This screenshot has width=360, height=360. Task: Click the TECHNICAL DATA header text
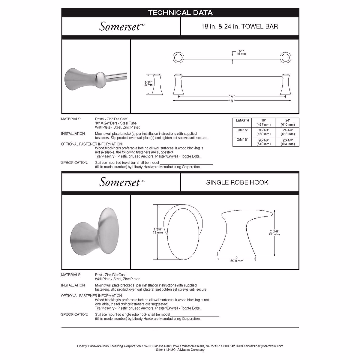tap(180, 13)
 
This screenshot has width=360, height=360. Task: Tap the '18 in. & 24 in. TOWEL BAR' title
tap(239, 26)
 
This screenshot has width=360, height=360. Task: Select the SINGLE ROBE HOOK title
tap(237, 182)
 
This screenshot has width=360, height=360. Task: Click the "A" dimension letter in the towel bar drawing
tap(231, 97)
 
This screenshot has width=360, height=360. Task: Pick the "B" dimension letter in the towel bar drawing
tap(231, 101)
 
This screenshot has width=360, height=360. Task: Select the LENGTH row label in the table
tap(242, 121)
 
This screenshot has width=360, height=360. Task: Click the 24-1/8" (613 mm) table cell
tap(287, 132)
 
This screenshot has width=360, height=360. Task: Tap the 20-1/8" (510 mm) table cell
tap(263, 142)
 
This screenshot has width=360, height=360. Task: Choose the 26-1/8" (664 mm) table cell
tap(287, 142)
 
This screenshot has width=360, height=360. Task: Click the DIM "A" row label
tap(242, 130)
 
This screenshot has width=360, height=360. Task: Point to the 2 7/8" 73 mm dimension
tap(157, 231)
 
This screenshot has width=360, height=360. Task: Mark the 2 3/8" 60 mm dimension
tap(274, 232)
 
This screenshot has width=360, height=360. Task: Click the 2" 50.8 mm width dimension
tap(236, 259)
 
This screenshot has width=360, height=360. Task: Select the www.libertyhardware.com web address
tap(265, 346)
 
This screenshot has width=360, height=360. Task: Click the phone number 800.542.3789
tap(233, 346)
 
